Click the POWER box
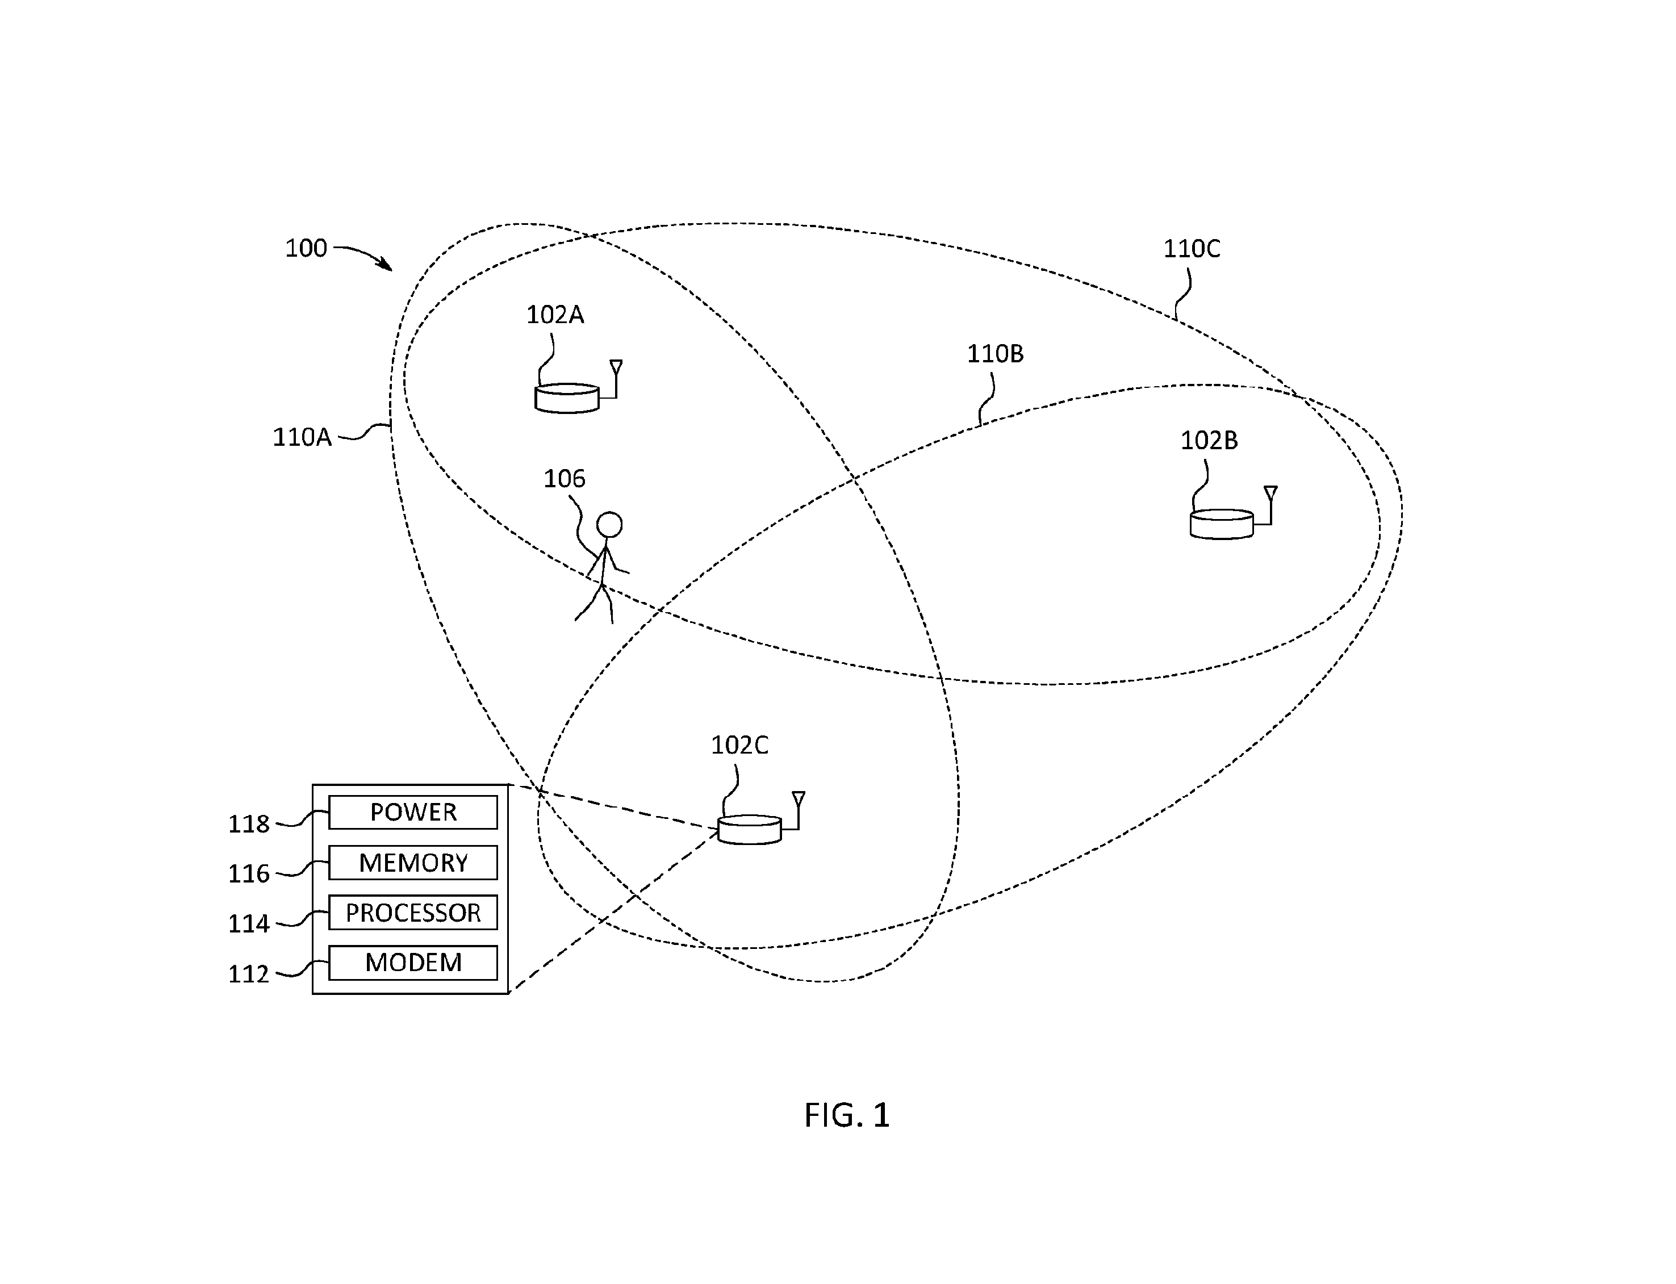click(413, 812)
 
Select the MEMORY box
click(413, 862)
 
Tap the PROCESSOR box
click(413, 912)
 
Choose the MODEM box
click(413, 962)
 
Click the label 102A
click(555, 315)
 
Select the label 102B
click(1209, 440)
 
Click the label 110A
click(302, 437)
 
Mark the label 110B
click(995, 354)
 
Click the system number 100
click(306, 248)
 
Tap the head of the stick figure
click(609, 525)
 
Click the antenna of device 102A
click(615, 378)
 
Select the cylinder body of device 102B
click(1221, 524)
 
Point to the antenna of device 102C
click(798, 810)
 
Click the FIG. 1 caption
click(847, 1116)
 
